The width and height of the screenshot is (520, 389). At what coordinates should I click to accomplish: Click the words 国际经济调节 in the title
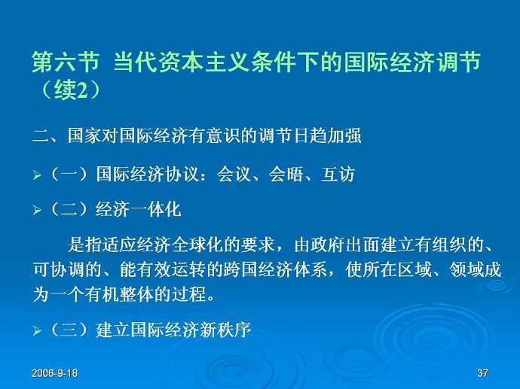413,62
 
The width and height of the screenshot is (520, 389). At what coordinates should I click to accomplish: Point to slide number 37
483,374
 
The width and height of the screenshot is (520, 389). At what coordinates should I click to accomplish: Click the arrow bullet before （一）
35,176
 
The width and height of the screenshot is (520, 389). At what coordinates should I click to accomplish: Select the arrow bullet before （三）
35,331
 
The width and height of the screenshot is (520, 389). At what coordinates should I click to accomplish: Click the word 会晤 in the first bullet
286,175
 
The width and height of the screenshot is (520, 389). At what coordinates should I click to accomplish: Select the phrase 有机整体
136,293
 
